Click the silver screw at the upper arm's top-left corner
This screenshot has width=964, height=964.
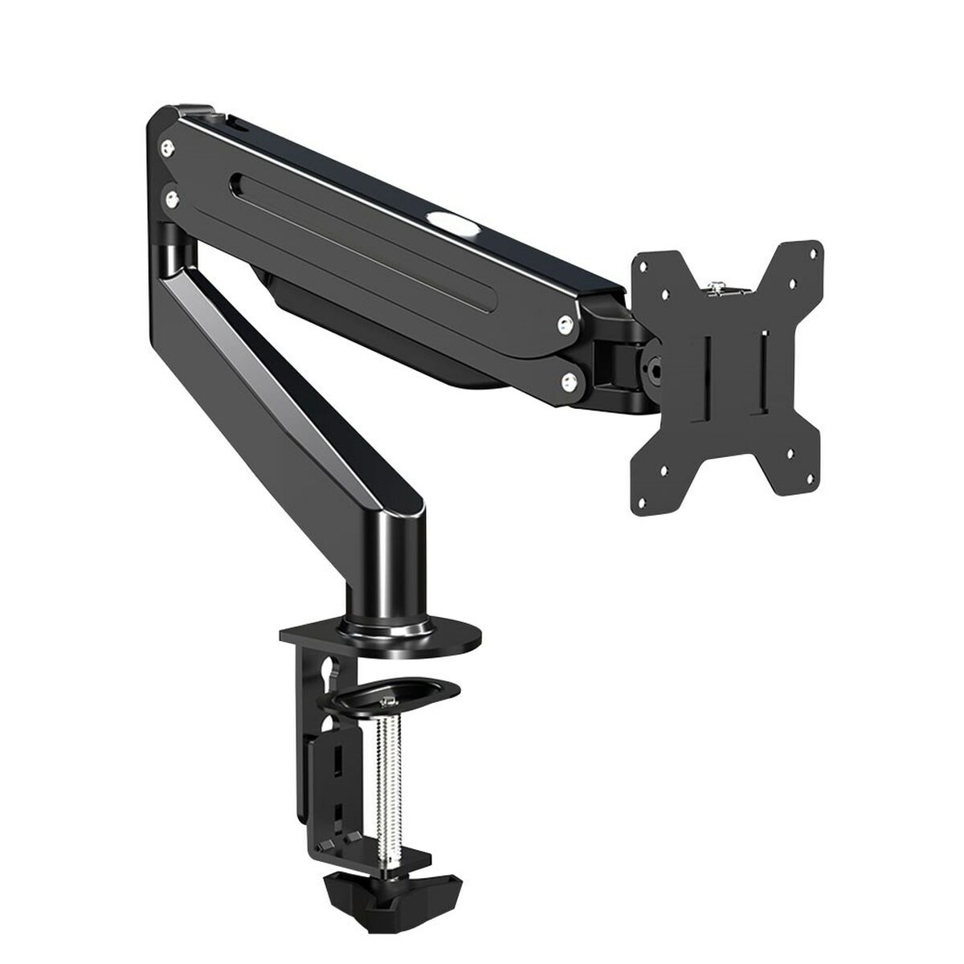166,146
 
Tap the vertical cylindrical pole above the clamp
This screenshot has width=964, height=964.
385,562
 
